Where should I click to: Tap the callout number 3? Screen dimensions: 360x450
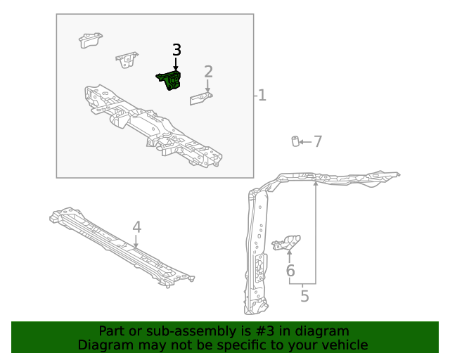(x=176, y=50)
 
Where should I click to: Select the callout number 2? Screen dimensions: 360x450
(x=208, y=71)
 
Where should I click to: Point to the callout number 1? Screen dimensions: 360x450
(x=262, y=95)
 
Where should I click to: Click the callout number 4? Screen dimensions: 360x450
(x=136, y=227)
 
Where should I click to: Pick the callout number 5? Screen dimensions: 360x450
(x=304, y=296)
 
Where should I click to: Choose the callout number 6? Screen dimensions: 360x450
(x=290, y=271)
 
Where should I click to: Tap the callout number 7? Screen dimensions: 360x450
(x=318, y=142)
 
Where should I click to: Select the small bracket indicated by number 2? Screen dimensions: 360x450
(x=201, y=98)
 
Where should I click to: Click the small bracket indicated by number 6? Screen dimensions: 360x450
(x=287, y=243)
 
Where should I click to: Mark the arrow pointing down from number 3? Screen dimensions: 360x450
(x=176, y=63)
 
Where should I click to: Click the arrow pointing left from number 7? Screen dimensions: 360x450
(x=304, y=142)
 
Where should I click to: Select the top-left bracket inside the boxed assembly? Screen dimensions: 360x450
(x=91, y=40)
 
